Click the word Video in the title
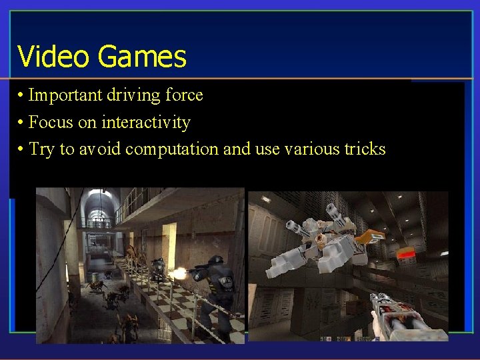[x=53, y=57]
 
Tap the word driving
[x=129, y=95]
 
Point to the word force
[x=183, y=95]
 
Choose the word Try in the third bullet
[x=41, y=149]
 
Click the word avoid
[x=100, y=149]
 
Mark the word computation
[x=171, y=149]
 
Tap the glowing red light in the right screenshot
[x=406, y=254]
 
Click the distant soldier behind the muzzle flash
[x=158, y=269]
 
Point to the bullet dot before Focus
[x=21, y=123]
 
